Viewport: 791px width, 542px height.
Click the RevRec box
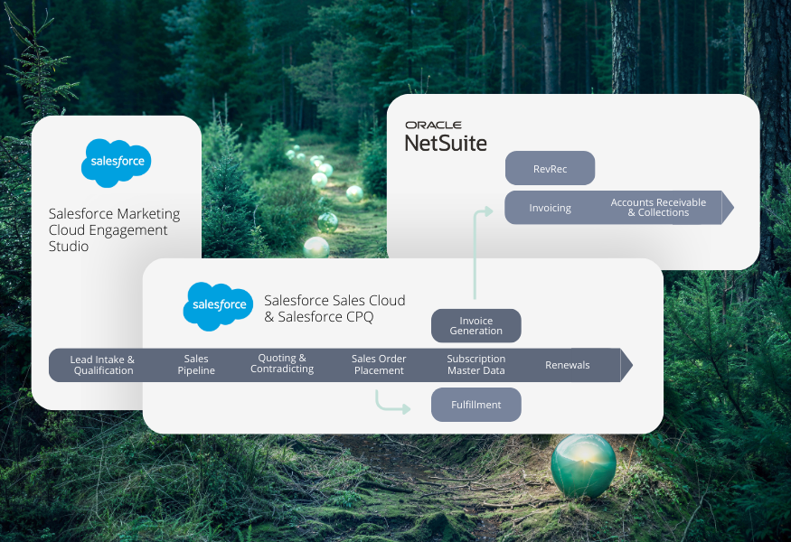550,169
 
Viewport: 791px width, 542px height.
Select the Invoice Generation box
476,326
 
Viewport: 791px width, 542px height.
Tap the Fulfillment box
476,405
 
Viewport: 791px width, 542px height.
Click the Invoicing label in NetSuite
550,208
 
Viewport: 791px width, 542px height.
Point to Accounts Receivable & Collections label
657,208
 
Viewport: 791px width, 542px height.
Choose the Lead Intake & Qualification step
103,365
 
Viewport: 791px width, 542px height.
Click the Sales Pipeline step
196,365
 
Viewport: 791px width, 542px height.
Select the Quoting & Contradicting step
282,364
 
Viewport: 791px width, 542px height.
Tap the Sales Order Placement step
379,365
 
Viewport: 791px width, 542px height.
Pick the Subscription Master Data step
476,365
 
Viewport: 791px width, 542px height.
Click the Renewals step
567,365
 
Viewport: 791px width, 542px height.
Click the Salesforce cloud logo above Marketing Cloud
116,164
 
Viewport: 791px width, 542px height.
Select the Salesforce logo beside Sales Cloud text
218,305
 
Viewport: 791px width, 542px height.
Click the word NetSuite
446,143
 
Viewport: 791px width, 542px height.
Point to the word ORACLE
433,126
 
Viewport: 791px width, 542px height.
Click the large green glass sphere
583,464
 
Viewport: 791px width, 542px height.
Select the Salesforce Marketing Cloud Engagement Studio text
114,229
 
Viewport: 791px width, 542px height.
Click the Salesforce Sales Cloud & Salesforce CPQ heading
334,308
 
